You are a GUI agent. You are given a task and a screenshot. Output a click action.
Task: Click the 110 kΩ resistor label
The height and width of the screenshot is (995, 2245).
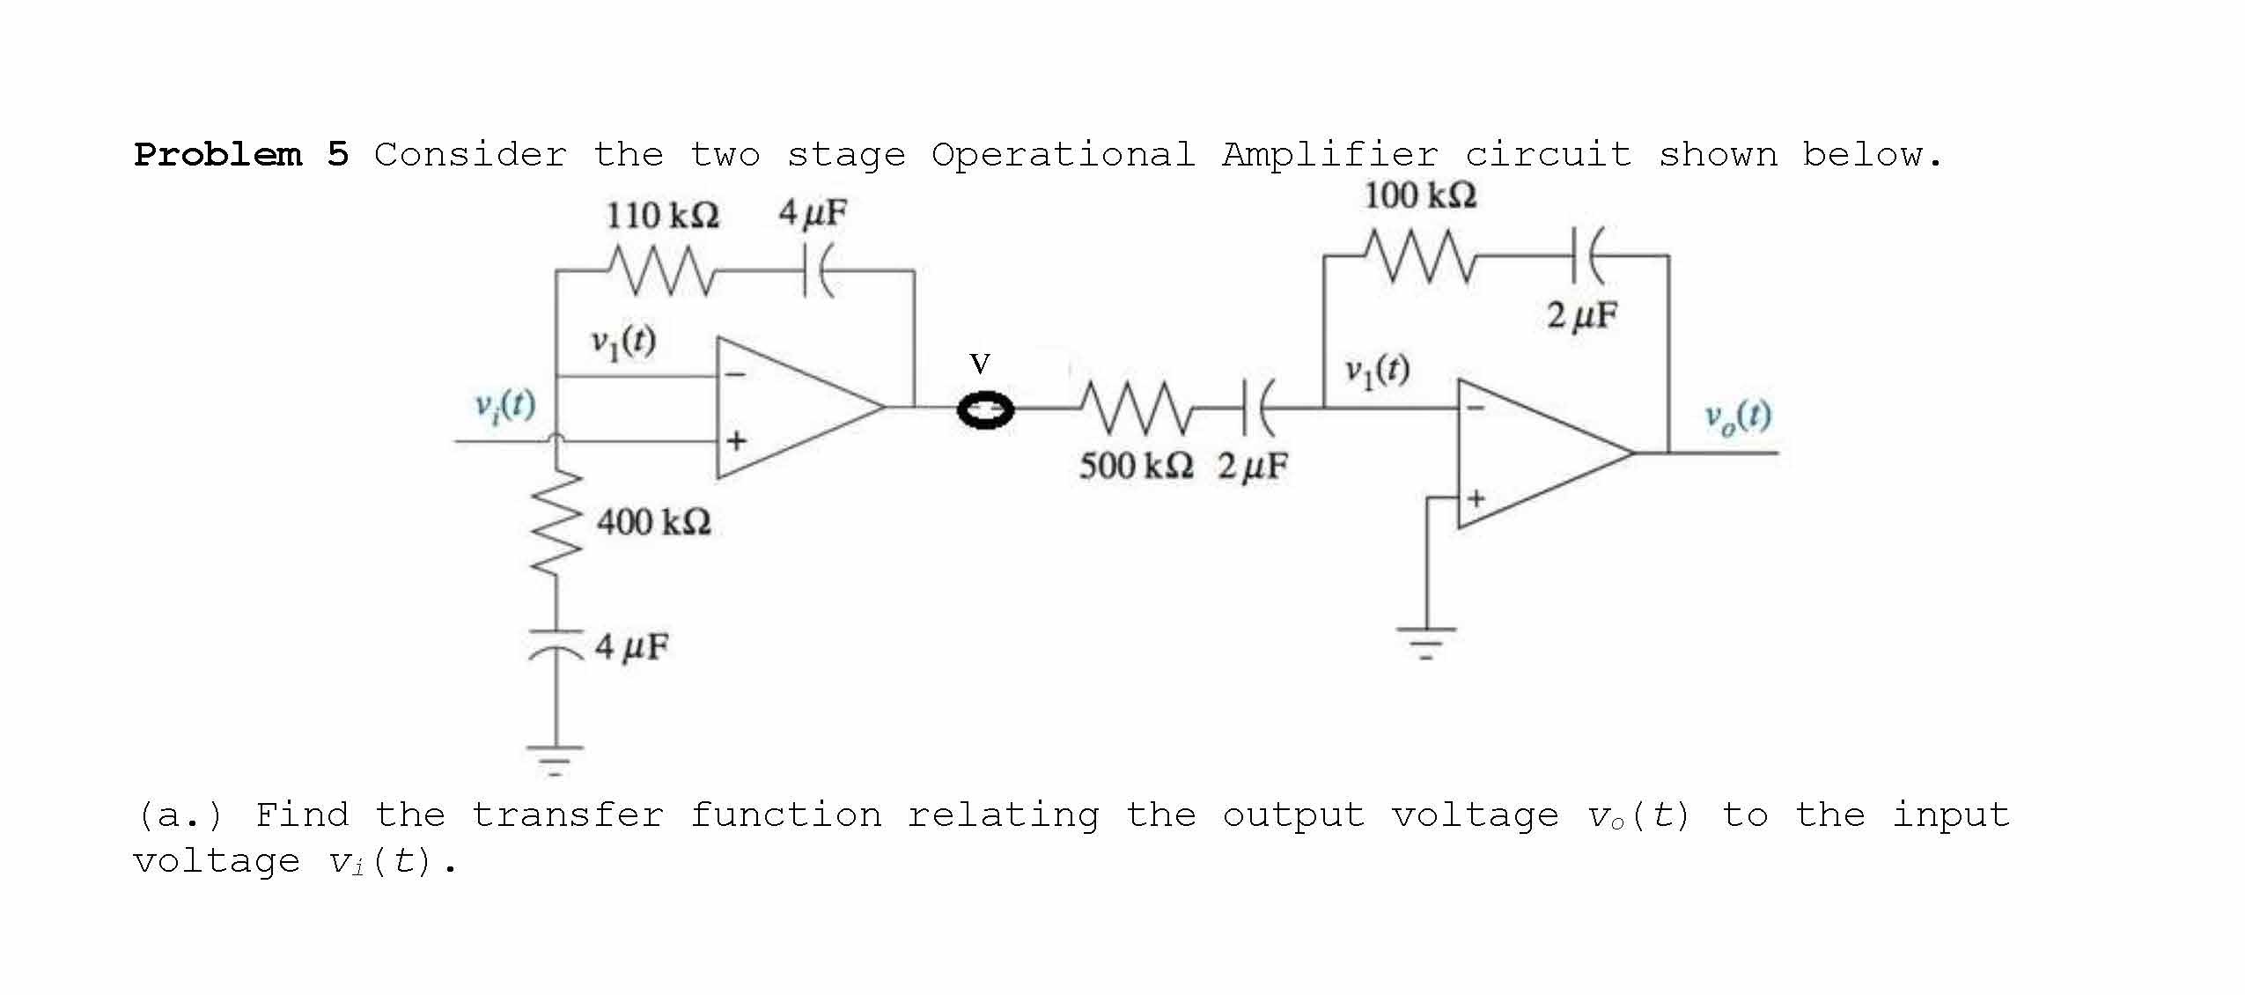click(662, 216)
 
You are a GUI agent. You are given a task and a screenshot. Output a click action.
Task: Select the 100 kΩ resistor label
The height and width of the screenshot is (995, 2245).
click(1420, 195)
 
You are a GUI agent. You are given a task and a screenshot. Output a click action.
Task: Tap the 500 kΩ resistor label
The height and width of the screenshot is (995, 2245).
click(1137, 466)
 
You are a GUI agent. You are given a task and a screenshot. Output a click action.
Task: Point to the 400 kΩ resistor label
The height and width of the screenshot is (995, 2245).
click(654, 523)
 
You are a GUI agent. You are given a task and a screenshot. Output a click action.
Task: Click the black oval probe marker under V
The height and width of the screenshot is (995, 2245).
click(986, 411)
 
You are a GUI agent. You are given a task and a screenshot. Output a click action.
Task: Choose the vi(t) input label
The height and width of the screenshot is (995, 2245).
click(505, 405)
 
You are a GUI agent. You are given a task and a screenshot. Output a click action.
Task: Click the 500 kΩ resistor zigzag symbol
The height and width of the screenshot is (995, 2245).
click(1137, 408)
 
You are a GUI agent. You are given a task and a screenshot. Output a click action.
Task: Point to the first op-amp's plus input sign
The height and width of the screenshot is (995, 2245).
click(736, 439)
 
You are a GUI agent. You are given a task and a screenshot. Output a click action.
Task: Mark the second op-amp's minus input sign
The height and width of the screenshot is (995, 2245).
click(1476, 408)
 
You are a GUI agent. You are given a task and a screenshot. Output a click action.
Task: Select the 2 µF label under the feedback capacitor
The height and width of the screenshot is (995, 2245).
click(1582, 316)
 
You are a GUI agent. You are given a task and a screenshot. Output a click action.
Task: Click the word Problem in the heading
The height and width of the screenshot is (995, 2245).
click(217, 155)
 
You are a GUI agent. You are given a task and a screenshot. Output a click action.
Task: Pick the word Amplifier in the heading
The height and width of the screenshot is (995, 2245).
click(1329, 155)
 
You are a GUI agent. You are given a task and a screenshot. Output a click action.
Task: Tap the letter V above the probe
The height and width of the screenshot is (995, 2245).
click(979, 364)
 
